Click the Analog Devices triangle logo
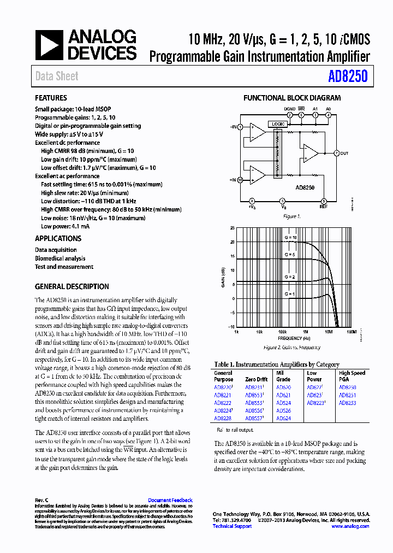click(x=49, y=45)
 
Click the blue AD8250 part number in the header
click(x=348, y=77)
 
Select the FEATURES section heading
click(x=51, y=98)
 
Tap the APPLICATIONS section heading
click(x=58, y=239)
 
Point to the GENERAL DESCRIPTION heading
click(x=72, y=287)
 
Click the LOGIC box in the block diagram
click(x=278, y=124)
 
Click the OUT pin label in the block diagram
click(x=344, y=154)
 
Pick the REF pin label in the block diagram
click(x=324, y=207)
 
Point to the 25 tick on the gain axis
click(x=232, y=228)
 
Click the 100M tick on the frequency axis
click(x=351, y=332)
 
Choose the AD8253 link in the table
click(x=347, y=403)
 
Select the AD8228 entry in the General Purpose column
click(x=222, y=418)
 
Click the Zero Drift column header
click(x=256, y=379)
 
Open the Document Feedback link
click(x=170, y=500)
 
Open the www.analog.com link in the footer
click(x=350, y=526)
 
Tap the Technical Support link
click(x=232, y=526)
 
